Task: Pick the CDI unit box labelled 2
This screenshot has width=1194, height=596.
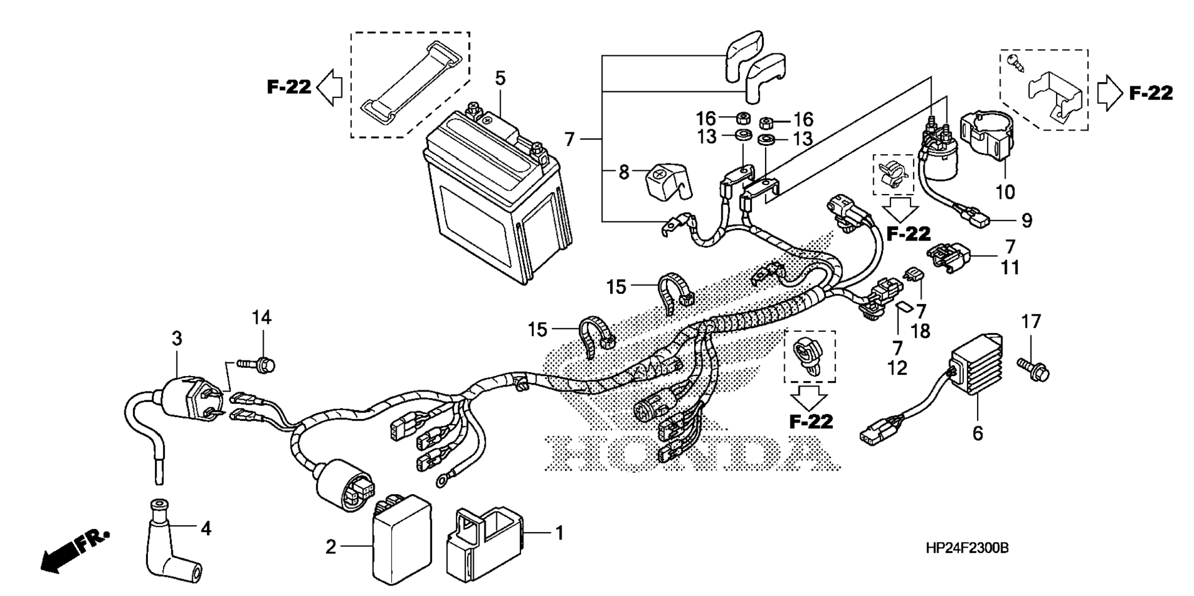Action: pos(402,541)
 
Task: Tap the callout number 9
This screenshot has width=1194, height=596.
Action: pos(1026,220)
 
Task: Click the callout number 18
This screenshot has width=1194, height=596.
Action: pos(920,331)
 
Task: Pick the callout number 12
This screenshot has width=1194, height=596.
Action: pos(897,367)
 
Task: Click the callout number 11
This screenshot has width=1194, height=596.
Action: pos(1009,268)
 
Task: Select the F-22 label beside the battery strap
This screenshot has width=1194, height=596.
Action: pos(289,87)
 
